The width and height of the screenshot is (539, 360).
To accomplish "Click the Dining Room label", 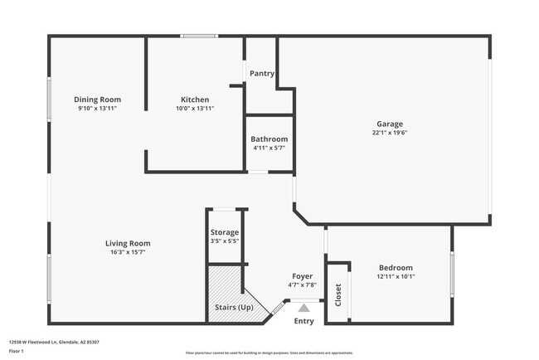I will (x=98, y=100).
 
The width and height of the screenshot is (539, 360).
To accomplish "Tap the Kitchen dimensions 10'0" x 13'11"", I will (x=195, y=109).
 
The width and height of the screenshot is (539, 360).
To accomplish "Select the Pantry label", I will (x=262, y=74).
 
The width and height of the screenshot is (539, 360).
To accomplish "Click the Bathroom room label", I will (x=269, y=139).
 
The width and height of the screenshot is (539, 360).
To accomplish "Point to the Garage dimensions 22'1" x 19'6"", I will (x=389, y=133).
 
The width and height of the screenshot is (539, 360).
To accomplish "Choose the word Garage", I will (x=389, y=124).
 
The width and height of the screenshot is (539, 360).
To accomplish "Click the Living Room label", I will (x=128, y=243).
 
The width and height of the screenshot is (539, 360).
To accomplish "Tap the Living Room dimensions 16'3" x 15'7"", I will (x=128, y=252).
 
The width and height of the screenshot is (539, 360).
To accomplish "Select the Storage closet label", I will (x=225, y=232).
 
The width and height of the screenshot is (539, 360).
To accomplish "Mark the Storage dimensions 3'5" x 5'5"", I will (x=225, y=241).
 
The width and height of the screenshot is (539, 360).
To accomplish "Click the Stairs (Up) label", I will (x=234, y=308).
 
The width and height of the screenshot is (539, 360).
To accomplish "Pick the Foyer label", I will (x=302, y=276).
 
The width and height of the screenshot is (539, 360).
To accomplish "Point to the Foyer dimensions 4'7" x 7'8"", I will (x=302, y=285).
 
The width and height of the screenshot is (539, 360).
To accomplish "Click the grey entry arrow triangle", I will (x=303, y=308).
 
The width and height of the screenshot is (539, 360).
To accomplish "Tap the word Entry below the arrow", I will (x=304, y=321).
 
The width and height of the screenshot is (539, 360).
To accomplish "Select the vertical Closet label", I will (x=337, y=294).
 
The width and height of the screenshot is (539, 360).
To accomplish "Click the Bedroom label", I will (x=396, y=268).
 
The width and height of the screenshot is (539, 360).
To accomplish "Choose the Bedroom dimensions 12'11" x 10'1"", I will (x=396, y=277).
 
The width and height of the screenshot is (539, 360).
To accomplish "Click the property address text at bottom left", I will (x=48, y=340).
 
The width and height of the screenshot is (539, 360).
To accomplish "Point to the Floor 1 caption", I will (x=16, y=351).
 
